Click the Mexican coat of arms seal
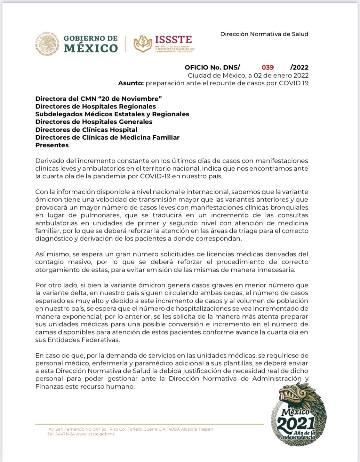(x=47, y=44)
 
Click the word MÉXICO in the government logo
(x=91, y=48)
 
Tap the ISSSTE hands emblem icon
(x=143, y=44)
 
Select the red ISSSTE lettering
(x=173, y=40)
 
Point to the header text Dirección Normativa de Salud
(x=264, y=34)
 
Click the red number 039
(x=268, y=67)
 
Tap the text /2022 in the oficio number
(x=299, y=67)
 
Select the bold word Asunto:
(x=131, y=83)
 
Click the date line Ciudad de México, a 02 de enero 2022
(x=248, y=75)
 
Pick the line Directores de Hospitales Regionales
(x=95, y=106)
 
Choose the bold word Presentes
(x=52, y=145)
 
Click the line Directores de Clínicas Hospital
(x=86, y=130)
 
